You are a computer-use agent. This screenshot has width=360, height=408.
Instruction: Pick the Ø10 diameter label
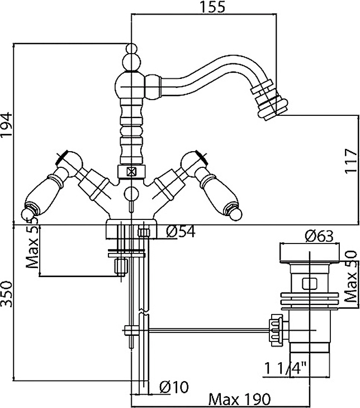(174, 386)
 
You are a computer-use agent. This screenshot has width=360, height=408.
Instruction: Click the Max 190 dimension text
(239, 400)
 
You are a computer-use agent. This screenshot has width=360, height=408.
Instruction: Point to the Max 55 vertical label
(33, 246)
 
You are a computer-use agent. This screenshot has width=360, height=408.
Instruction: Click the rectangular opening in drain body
(310, 283)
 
